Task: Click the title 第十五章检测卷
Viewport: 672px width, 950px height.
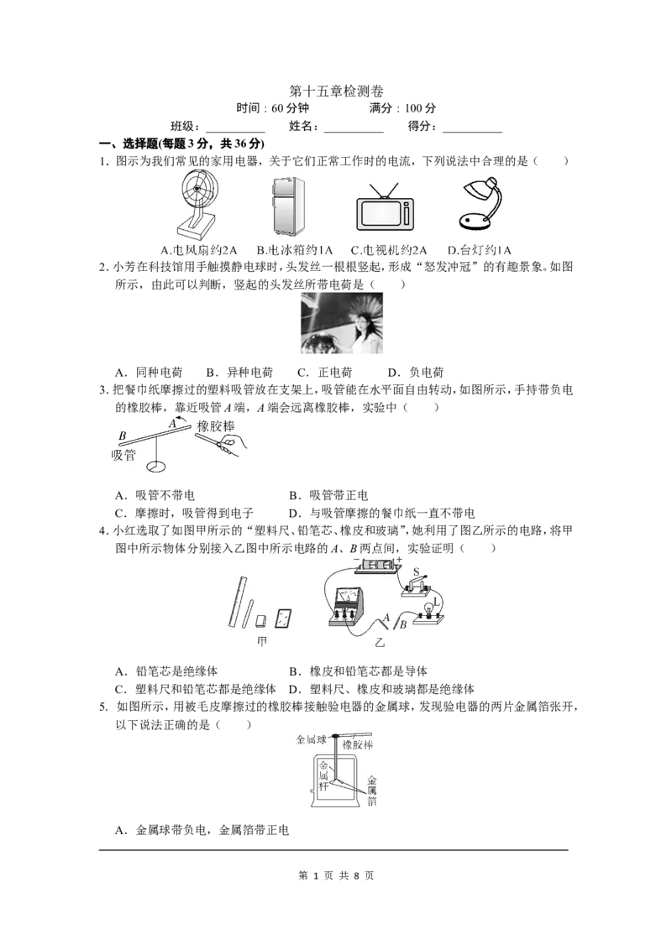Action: click(x=336, y=91)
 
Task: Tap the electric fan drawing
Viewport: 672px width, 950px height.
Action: click(x=197, y=204)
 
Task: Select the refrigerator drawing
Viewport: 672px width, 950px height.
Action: click(x=287, y=206)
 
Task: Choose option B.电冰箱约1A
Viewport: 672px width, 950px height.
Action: click(x=294, y=249)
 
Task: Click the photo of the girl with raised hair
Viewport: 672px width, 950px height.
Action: click(x=342, y=323)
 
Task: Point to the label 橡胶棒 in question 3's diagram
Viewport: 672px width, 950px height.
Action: click(x=216, y=426)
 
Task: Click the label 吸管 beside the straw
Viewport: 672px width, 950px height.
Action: click(x=123, y=454)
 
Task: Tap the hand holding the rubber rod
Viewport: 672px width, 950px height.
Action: click(x=233, y=447)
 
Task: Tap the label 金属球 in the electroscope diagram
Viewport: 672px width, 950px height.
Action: click(x=311, y=739)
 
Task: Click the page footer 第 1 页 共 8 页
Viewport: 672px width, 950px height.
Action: click(x=336, y=875)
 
